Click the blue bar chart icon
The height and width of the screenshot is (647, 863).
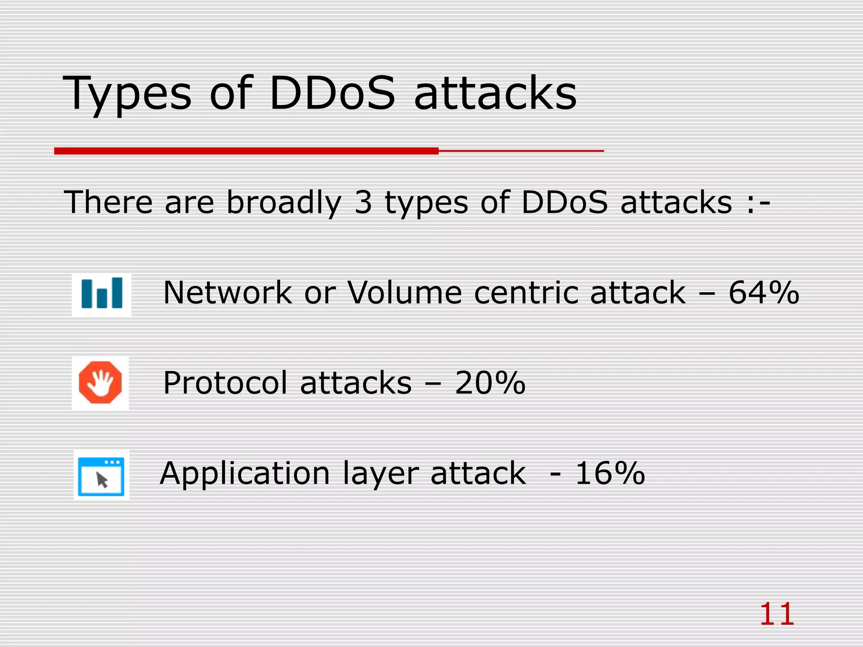click(x=102, y=294)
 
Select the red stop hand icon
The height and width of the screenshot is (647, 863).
click(x=100, y=382)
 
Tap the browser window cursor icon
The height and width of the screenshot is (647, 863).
click(x=101, y=476)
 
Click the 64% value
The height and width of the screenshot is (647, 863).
click(x=764, y=293)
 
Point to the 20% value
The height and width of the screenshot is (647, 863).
click(x=490, y=383)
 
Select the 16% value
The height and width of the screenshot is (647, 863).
click(x=610, y=473)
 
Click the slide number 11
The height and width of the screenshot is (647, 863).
click(x=777, y=615)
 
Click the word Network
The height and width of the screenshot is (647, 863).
click(x=228, y=293)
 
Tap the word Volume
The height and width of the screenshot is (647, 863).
click(x=405, y=293)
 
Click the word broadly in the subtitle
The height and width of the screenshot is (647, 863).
click(x=284, y=203)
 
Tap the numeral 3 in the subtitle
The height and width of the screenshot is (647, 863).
click(x=363, y=203)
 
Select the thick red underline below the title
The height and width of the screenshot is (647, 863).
click(x=247, y=151)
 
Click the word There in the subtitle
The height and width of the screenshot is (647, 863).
click(x=108, y=203)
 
